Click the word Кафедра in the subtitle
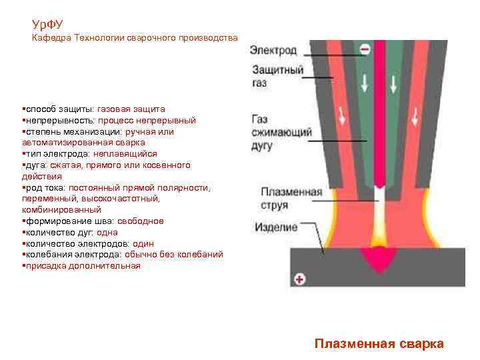coord(52,38)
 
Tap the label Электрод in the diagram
coord(273,50)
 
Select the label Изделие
coord(275,227)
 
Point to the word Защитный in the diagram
coord(277,71)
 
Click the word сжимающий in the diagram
coord(281,132)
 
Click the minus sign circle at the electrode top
coord(365,49)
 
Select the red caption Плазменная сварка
coord(379,344)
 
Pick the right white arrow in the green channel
coord(395,83)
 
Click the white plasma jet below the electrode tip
coord(379,213)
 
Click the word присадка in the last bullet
coord(45,266)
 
